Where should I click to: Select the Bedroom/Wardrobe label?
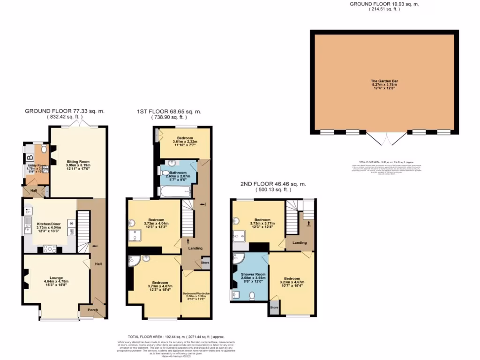[x=196, y=293]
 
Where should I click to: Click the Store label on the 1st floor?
[x=205, y=263]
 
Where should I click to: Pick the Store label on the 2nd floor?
[x=274, y=308]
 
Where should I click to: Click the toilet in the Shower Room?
[x=252, y=295]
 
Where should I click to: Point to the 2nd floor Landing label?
[x=299, y=242]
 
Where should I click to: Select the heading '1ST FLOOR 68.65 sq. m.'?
[x=169, y=112]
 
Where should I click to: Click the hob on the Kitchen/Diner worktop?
[x=50, y=249]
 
